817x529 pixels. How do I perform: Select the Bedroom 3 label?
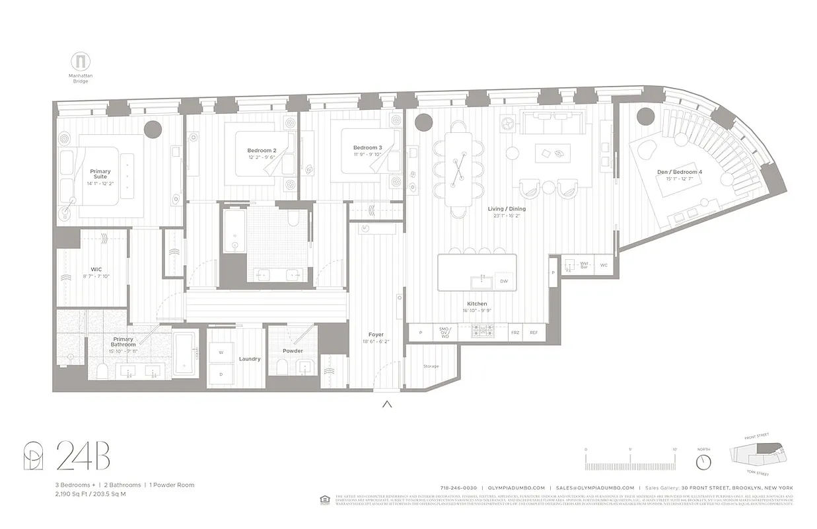(x=367, y=147)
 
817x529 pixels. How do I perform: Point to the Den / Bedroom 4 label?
(x=679, y=172)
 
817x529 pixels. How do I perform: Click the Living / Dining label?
(x=507, y=209)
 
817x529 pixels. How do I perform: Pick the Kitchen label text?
(x=476, y=304)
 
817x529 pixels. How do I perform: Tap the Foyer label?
(x=376, y=335)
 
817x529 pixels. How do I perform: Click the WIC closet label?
(x=96, y=269)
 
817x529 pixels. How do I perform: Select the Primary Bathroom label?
(x=124, y=342)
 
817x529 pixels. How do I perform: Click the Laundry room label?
(x=250, y=359)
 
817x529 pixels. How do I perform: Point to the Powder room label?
(x=293, y=351)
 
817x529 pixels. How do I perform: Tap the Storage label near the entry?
(x=431, y=366)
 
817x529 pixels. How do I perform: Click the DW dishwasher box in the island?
(x=503, y=281)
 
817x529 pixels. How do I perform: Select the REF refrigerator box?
(x=533, y=333)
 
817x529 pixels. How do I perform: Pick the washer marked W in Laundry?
(x=221, y=352)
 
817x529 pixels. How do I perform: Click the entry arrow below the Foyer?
(x=387, y=405)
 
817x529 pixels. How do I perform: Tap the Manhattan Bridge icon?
(x=81, y=62)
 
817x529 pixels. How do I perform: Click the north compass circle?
(x=703, y=461)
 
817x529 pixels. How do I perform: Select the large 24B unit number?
(x=83, y=457)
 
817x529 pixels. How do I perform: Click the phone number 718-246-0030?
(x=458, y=487)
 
